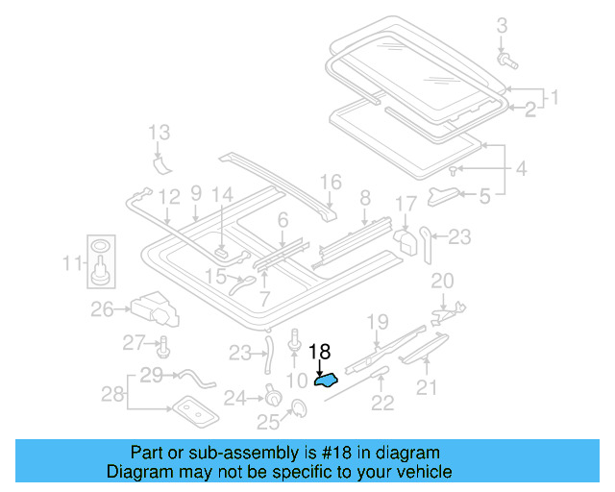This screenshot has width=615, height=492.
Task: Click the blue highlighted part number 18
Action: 326,381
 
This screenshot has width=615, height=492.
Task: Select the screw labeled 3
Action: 507,61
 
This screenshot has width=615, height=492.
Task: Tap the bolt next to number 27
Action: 162,344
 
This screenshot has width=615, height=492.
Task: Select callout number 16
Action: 331,182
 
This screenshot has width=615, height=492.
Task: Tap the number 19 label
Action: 378,321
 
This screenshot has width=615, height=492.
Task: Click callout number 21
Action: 427,386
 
